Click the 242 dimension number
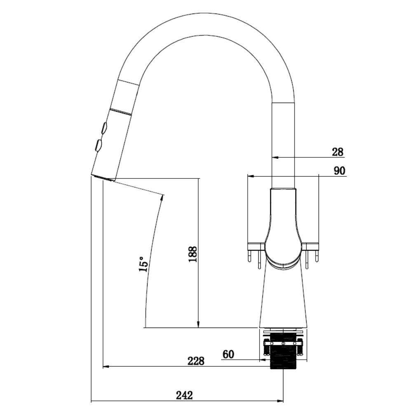click(184, 395)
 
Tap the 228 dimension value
click(196, 361)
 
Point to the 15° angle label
click(144, 264)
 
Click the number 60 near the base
click(228, 354)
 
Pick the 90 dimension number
click(339, 171)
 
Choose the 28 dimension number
click(338, 152)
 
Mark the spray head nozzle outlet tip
click(103, 178)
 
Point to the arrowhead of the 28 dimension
click(275, 158)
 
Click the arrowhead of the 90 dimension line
click(250, 176)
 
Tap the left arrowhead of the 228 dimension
click(105, 366)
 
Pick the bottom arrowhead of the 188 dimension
click(199, 325)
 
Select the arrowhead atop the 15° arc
click(162, 198)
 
